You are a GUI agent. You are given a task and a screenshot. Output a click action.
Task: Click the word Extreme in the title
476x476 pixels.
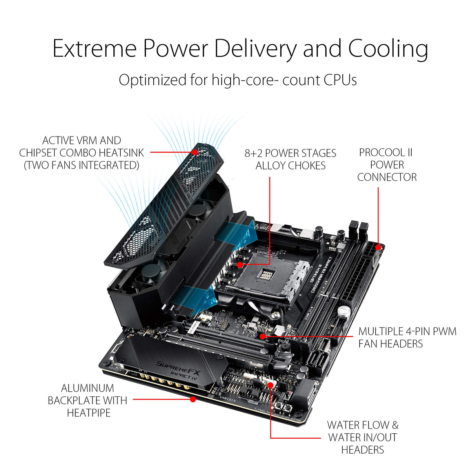click(x=94, y=49)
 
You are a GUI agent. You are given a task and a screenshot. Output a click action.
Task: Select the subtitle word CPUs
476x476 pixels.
click(x=340, y=80)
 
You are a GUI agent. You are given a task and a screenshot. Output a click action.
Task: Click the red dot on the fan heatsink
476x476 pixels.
click(x=195, y=152)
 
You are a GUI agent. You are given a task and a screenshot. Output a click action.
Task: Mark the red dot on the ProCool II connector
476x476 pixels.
click(x=378, y=247)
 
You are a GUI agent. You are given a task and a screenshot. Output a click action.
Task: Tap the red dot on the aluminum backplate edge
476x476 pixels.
click(x=193, y=400)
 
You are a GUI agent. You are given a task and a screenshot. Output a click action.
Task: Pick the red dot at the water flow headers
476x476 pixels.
click(x=271, y=385)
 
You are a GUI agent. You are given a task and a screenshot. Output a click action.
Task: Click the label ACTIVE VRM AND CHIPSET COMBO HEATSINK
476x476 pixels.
click(x=82, y=153)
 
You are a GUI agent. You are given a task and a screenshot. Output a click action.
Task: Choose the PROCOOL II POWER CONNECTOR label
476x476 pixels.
click(x=387, y=165)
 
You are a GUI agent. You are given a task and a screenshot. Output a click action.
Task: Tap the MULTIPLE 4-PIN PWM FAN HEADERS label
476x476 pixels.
click(x=407, y=338)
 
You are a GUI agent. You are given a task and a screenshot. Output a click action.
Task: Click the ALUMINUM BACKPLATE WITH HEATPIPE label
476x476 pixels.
click(x=88, y=400)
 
